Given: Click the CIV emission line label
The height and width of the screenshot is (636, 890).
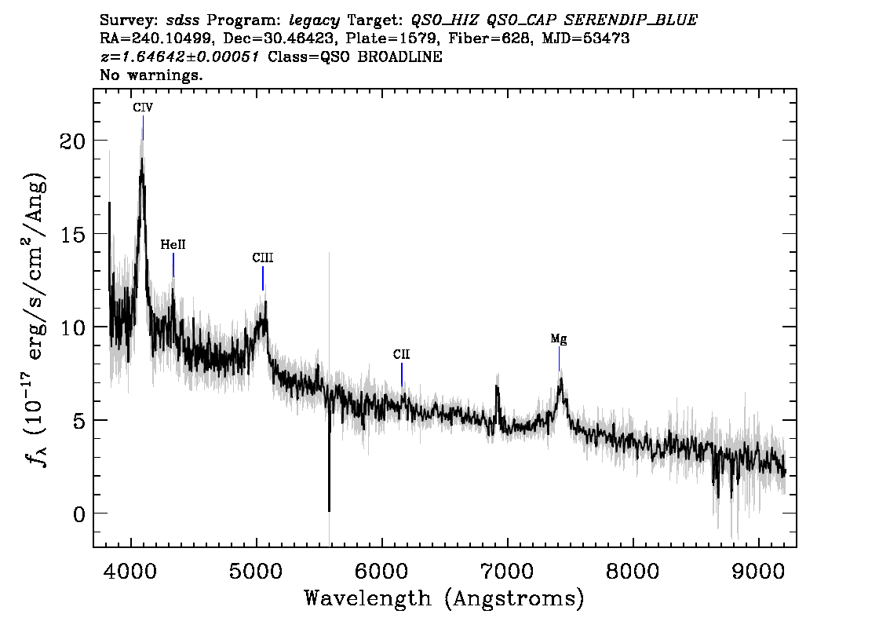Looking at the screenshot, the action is [x=143, y=108].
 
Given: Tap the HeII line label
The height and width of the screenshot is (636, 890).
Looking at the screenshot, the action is [x=173, y=245].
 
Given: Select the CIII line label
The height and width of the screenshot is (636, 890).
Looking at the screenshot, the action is [x=263, y=258].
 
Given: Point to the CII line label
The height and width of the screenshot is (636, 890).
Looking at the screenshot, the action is [x=401, y=355].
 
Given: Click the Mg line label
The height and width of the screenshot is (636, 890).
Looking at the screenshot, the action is [x=559, y=339].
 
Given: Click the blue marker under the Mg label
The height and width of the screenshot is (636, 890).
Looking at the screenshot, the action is [x=559, y=358].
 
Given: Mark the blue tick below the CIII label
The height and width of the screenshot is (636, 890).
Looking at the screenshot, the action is [x=263, y=278].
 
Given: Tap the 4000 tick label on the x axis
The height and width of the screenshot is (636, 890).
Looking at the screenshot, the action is [x=131, y=572].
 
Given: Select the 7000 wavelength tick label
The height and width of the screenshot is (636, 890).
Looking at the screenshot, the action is [x=507, y=572].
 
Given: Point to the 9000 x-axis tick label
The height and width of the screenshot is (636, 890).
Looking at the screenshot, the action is [x=757, y=572].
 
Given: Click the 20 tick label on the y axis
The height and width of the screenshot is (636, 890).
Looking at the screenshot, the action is [x=72, y=141].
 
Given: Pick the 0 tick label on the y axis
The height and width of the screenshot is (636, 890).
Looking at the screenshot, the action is [x=79, y=514].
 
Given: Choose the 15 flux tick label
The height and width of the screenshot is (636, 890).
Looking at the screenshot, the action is [x=72, y=234].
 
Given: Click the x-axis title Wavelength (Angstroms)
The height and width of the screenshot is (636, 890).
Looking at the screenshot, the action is [x=444, y=599].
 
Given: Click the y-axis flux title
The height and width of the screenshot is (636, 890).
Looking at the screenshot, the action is [x=36, y=318].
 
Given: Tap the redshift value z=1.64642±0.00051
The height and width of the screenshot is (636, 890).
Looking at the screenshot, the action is [x=180, y=57].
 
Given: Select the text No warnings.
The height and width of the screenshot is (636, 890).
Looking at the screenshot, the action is [x=151, y=75].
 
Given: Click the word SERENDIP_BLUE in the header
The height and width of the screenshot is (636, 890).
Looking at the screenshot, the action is [x=630, y=20].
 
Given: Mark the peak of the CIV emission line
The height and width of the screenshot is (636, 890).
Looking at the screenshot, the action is [x=142, y=159].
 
